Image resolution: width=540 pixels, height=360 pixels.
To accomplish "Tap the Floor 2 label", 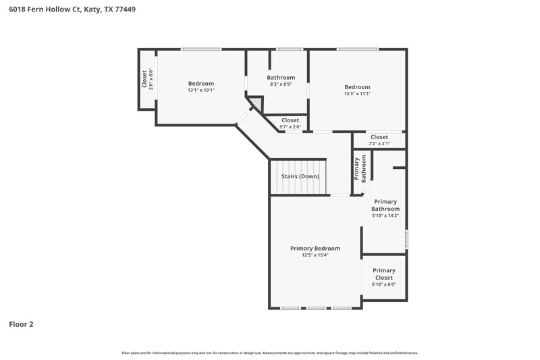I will coord(21,324).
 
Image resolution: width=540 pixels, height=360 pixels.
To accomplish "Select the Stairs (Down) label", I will coord(300,176).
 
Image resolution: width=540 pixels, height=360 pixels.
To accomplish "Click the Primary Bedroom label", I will coord(315,249).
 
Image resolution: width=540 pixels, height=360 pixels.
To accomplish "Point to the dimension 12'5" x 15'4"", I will coord(315,255).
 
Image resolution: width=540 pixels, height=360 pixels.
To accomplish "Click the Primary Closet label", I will coord(383,274).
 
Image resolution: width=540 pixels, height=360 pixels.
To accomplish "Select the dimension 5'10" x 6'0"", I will coord(383,284).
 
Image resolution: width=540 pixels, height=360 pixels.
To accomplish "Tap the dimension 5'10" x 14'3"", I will coord(385,215).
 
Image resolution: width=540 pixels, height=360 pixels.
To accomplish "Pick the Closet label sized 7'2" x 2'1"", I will coord(379,137).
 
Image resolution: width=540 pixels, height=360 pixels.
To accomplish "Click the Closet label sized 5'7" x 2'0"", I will coord(290,120).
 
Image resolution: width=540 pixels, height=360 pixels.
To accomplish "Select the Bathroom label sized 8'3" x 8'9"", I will coord(281,78).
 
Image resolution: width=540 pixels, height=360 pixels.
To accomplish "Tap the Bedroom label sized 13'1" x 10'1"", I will coord(200,83).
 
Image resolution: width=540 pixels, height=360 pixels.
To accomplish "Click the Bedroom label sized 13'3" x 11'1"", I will coord(357,87).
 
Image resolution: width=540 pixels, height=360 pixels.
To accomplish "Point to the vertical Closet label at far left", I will coord(144,79).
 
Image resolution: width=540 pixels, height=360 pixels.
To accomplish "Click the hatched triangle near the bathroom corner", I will coord(256,103).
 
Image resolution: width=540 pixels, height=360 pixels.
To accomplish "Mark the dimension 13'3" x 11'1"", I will coord(357,94).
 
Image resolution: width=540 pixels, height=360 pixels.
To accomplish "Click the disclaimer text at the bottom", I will coord(269,353).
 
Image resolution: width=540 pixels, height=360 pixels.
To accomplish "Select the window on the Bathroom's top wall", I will coord(289,49).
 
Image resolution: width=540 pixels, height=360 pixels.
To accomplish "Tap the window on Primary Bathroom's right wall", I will coord(406,239).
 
